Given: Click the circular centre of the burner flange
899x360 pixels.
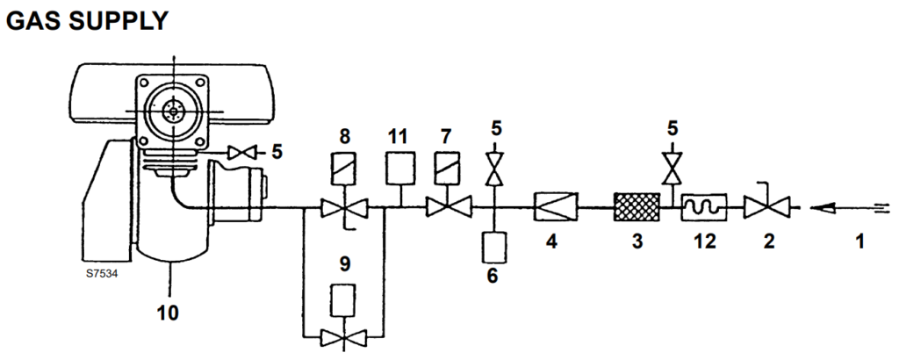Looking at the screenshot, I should click(174, 111).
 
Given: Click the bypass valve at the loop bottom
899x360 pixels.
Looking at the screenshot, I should click(342, 335).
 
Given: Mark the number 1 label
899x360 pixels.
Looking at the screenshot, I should click(861, 238).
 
